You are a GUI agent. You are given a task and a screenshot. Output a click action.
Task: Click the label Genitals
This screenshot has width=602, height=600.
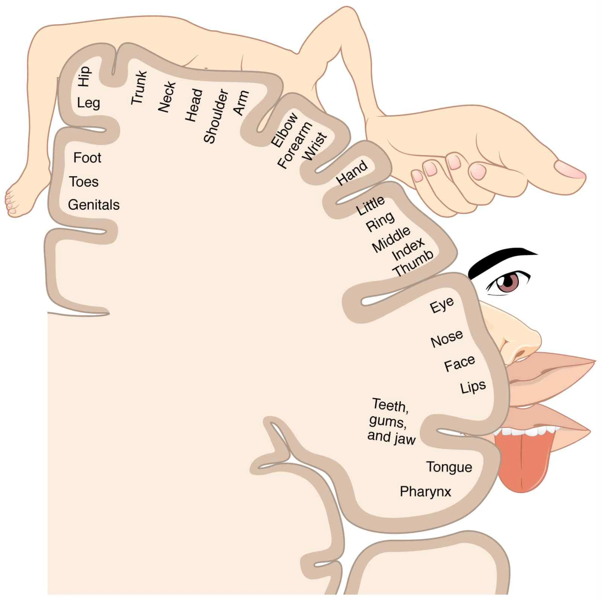(x=94, y=205)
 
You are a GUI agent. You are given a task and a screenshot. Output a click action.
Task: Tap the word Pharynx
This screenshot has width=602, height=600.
(x=425, y=492)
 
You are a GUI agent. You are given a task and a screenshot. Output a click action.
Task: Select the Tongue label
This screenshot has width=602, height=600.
(x=449, y=467)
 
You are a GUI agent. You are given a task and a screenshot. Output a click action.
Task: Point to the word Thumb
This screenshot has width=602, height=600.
(x=413, y=264)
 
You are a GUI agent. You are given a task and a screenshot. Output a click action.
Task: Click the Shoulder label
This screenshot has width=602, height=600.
(x=216, y=116)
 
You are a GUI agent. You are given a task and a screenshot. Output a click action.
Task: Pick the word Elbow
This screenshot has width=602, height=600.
(x=284, y=130)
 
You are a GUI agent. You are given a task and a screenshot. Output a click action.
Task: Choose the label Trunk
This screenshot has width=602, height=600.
(x=139, y=88)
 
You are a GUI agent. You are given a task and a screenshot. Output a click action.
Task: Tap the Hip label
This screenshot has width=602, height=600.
(x=84, y=76)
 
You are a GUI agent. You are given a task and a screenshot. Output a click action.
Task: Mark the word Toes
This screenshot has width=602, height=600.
(x=84, y=182)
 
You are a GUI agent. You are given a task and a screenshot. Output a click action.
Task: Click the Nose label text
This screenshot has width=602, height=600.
(x=446, y=339)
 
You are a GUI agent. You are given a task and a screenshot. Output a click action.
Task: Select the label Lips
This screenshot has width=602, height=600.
(x=473, y=387)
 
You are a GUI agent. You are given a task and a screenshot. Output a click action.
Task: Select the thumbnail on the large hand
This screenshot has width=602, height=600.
(x=569, y=169)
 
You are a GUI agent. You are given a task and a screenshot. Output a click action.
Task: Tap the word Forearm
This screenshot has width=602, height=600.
(x=295, y=146)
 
